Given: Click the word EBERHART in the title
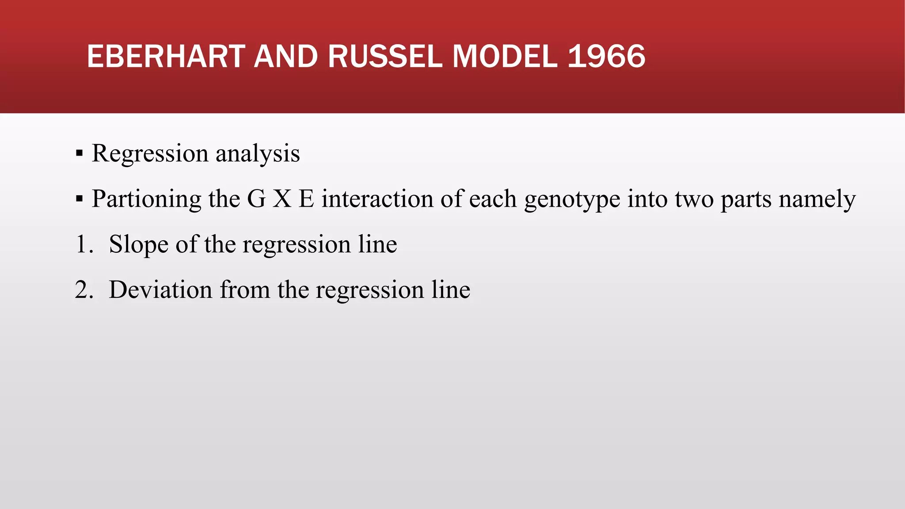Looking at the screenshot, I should pos(166,57).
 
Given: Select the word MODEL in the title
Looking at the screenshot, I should pos(505,57).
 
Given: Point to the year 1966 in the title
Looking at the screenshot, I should pos(606,57).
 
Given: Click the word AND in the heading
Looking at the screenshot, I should pos(286,57).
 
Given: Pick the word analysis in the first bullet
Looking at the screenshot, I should pos(258,154).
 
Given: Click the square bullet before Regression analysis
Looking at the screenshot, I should pos(80,153).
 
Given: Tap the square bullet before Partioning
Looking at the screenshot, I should pos(80,199).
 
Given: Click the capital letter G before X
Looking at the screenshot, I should pos(256,198).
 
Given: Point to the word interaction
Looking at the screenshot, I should pos(377,198).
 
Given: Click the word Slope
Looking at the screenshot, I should pos(138,245).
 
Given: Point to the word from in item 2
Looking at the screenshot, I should pos(245,290).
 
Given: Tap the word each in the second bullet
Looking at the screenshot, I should pos(493,198).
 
